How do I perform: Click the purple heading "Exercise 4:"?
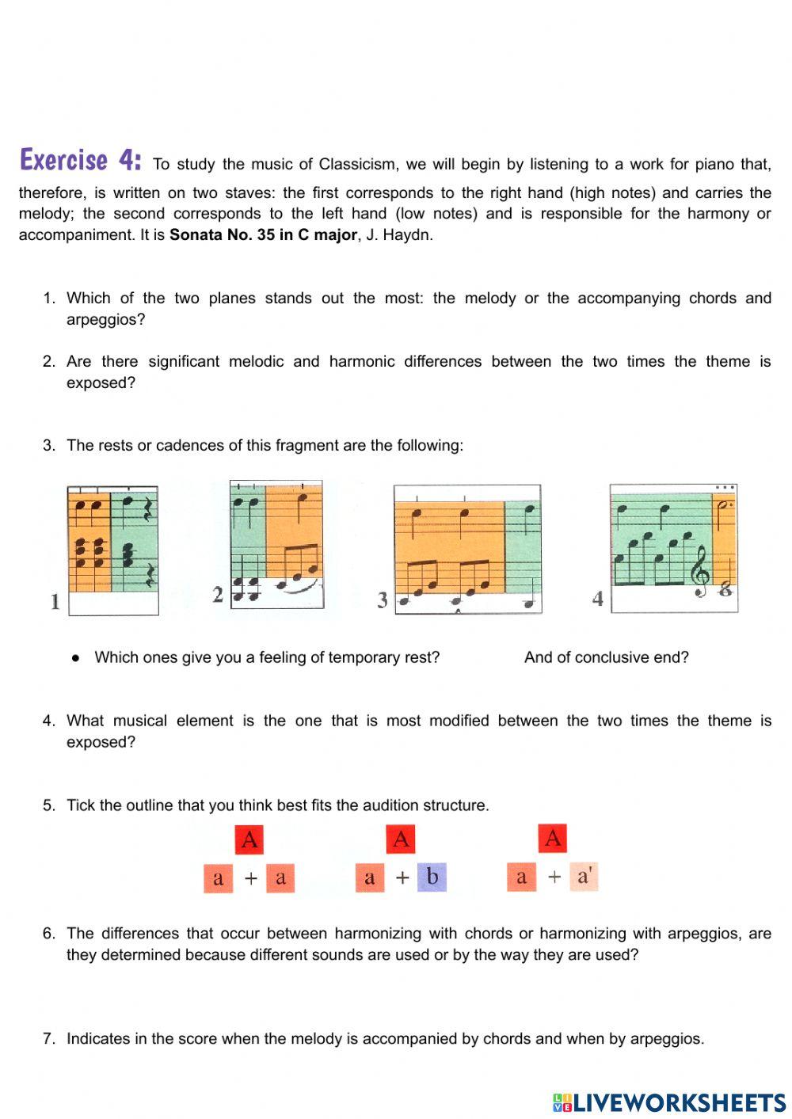pos(80,160)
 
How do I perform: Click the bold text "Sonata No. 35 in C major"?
pos(263,235)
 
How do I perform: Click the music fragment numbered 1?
pos(112,550)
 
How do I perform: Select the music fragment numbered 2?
pos(276,545)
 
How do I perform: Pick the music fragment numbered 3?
pos(467,549)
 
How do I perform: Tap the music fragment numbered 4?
pos(673,548)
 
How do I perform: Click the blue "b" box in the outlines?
pos(432,877)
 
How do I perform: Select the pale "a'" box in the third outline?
pos(584,876)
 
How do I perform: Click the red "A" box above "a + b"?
pos(401,839)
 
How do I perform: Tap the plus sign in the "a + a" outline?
pos(250,878)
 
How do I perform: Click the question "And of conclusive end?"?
pos(606,657)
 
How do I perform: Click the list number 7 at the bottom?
pos(48,1038)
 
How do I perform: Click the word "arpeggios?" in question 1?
pos(105,320)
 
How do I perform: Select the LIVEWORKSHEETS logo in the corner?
pos(669,1102)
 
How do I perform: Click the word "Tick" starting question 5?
pos(81,805)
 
